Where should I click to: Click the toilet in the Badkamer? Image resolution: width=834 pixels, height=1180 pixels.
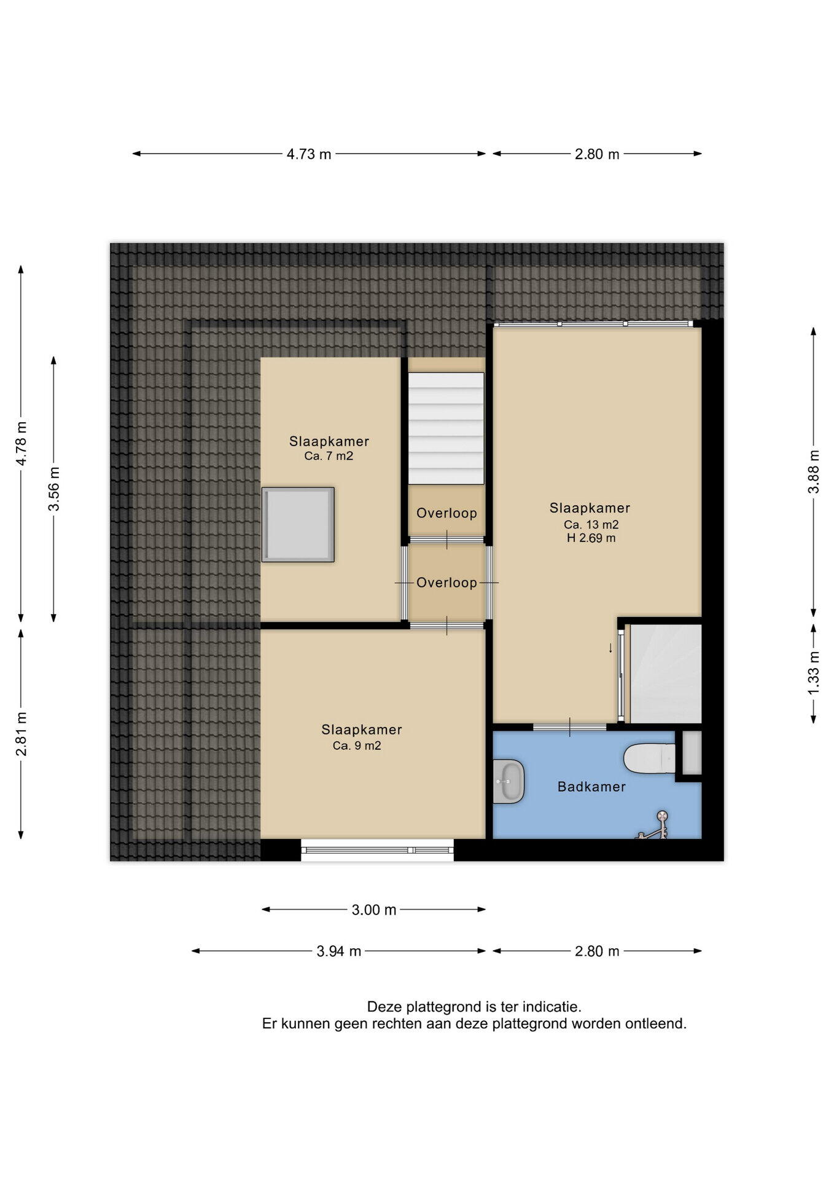click(x=649, y=758)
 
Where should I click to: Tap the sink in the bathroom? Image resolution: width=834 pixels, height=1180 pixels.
click(x=509, y=781)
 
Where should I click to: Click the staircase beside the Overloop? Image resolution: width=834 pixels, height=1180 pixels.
click(x=446, y=428)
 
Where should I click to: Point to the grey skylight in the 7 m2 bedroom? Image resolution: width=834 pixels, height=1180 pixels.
click(x=298, y=524)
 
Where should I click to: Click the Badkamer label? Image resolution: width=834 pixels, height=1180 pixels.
click(x=591, y=787)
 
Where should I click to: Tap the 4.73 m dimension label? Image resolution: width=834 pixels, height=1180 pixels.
click(x=309, y=154)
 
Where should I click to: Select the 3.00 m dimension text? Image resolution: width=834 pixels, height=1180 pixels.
click(x=374, y=910)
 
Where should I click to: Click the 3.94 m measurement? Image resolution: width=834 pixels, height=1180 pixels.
click(x=339, y=951)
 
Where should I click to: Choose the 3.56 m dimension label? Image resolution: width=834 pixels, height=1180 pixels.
click(x=54, y=489)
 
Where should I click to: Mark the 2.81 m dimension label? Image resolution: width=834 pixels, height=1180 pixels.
click(x=21, y=734)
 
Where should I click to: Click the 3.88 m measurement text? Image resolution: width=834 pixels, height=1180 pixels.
click(x=814, y=471)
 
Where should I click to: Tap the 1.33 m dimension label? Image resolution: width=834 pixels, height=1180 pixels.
click(x=814, y=673)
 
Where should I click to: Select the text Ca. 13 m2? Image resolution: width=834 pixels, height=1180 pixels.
click(x=591, y=525)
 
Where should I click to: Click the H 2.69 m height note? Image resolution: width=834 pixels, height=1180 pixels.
click(x=591, y=538)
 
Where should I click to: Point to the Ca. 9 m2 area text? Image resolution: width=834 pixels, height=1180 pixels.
click(x=357, y=745)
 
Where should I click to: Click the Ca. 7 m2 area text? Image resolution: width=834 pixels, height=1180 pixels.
click(x=329, y=456)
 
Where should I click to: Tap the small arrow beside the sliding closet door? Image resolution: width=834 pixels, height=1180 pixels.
click(x=610, y=648)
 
